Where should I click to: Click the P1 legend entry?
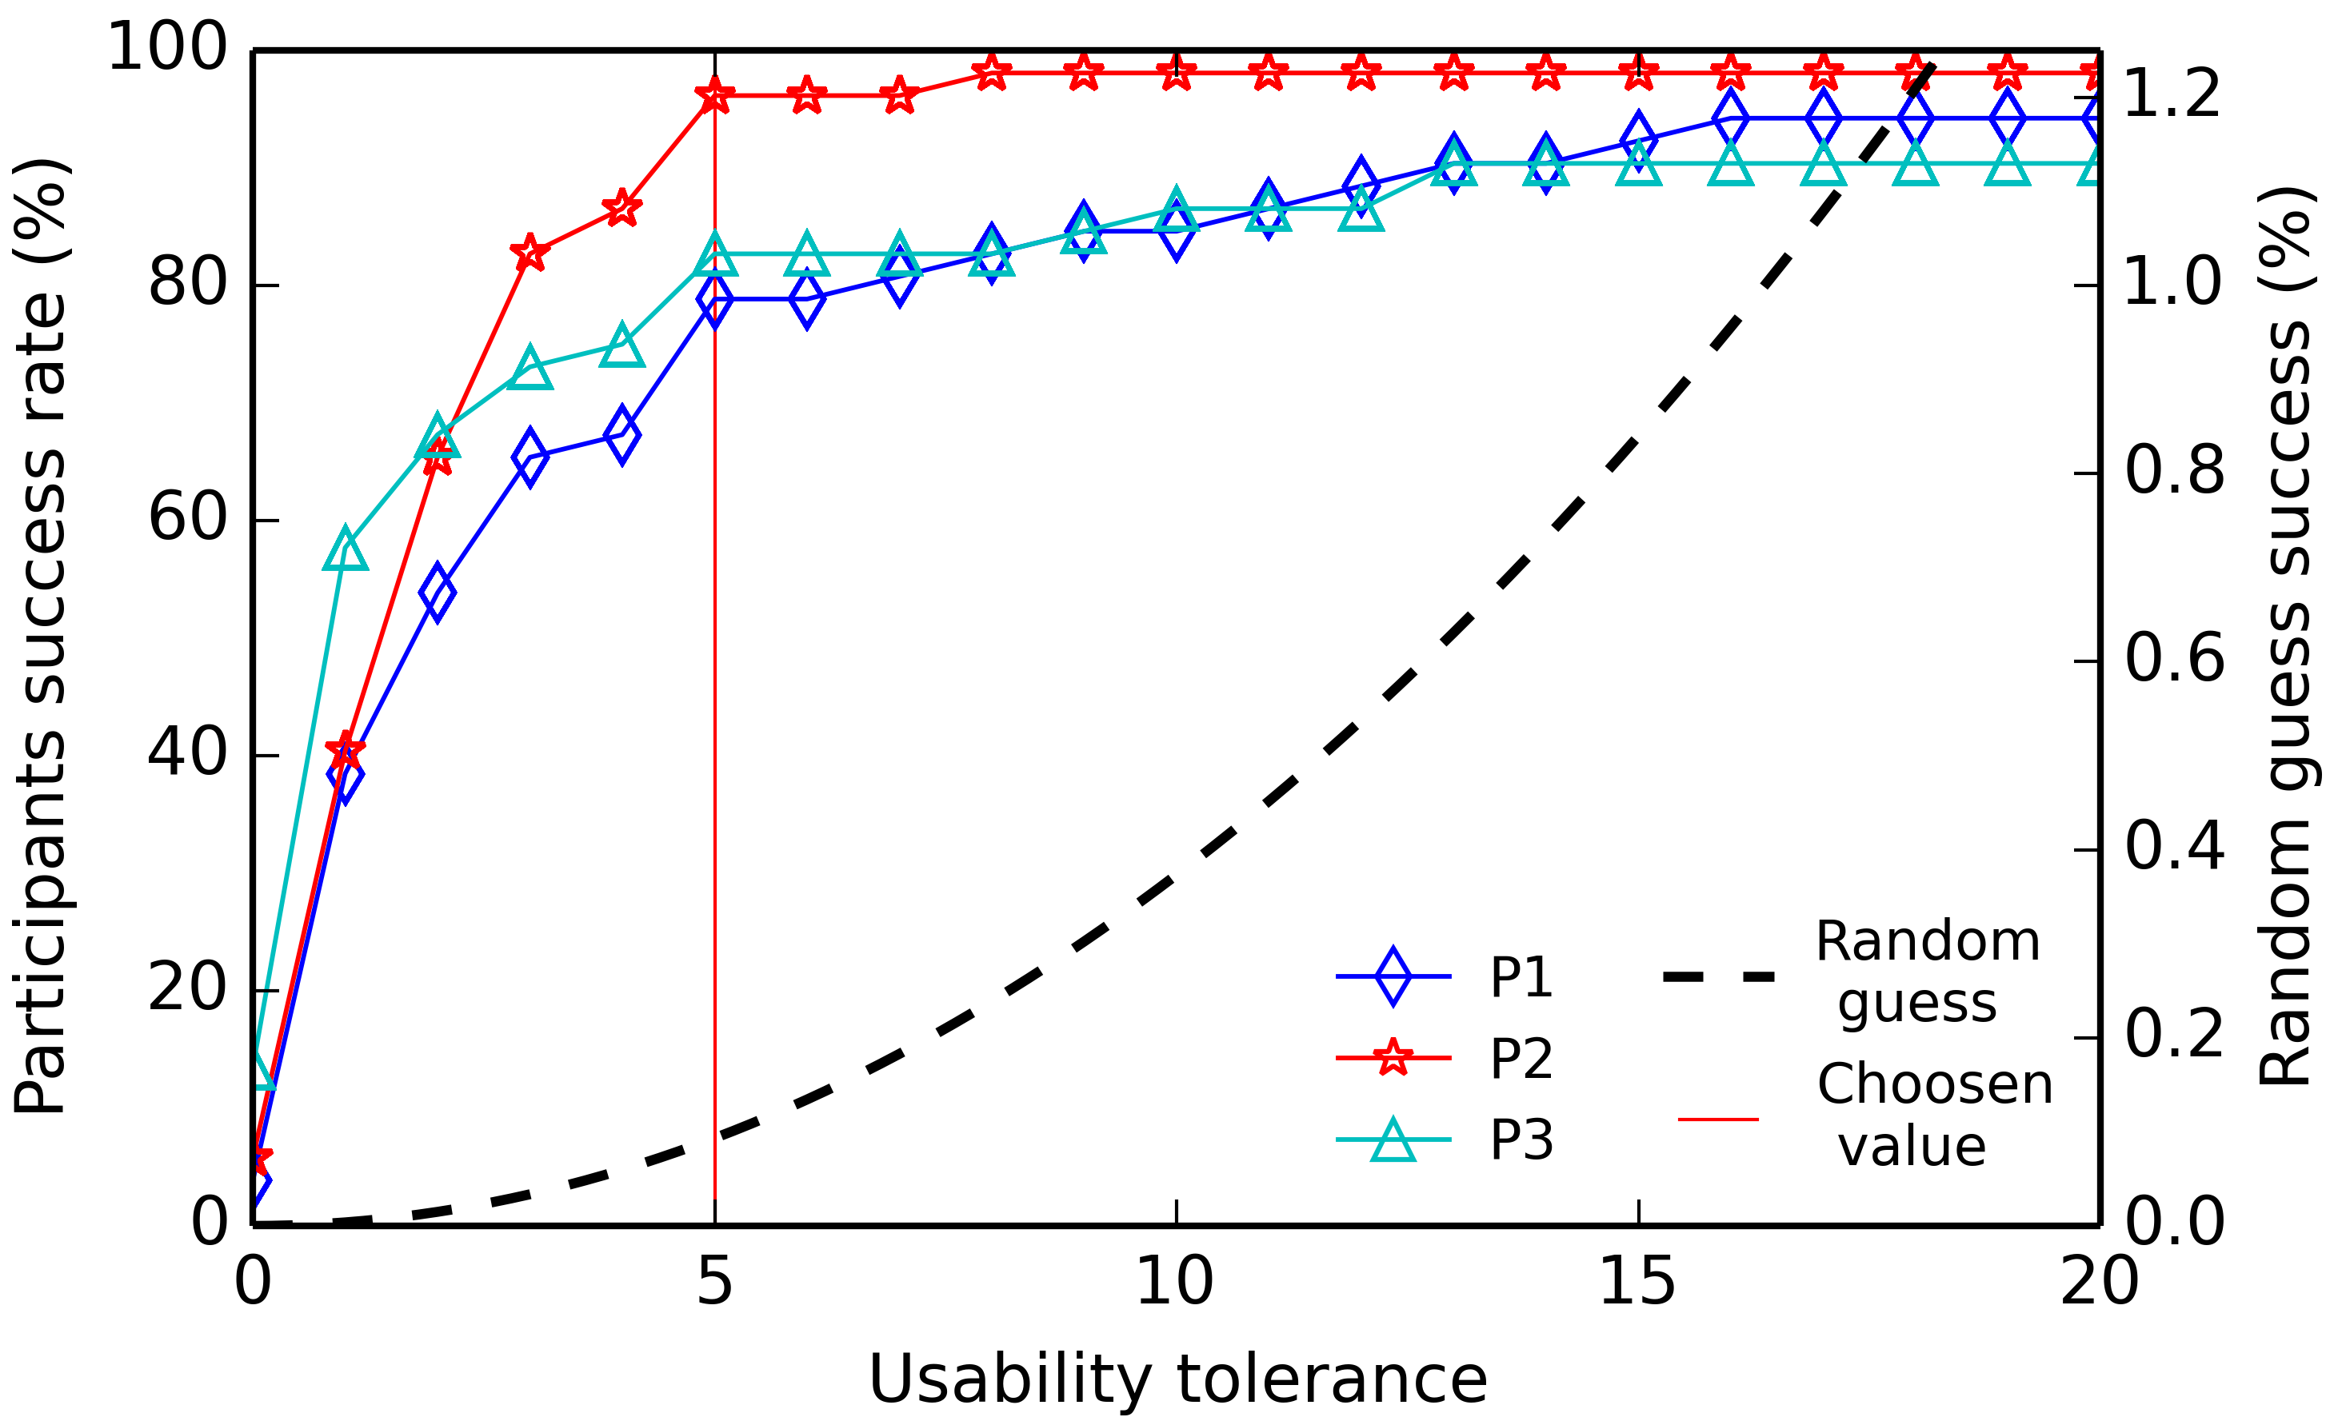click(x=1521, y=977)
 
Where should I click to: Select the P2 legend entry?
click(x=1521, y=1058)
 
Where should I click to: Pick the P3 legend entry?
click(x=1521, y=1140)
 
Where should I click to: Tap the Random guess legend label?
click(x=1927, y=972)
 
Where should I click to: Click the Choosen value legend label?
click(x=1935, y=1115)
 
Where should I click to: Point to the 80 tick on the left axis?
click(x=187, y=281)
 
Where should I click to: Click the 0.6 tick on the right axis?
click(x=2175, y=659)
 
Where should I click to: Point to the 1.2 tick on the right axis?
click(x=2172, y=94)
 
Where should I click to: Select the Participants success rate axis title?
click(x=40, y=637)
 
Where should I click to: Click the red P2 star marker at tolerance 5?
click(x=715, y=95)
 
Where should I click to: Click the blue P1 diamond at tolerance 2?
click(x=437, y=593)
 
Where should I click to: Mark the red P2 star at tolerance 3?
click(x=530, y=253)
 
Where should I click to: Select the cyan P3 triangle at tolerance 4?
click(x=622, y=346)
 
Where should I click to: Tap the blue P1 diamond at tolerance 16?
click(x=1730, y=118)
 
